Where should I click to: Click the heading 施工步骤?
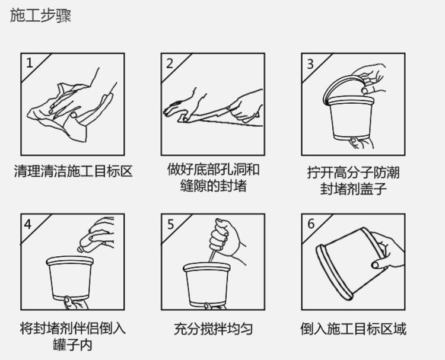tap(40, 15)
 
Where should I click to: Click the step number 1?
tap(30, 63)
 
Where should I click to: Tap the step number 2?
tap(170, 63)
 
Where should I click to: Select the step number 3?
tap(310, 64)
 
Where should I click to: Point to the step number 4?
tap(27, 224)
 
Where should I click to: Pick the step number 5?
tap(170, 224)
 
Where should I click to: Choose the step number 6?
tap(311, 224)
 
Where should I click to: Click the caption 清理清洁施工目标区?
tap(73, 171)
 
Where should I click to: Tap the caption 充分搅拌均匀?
tap(213, 329)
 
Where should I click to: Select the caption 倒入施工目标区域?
tap(354, 329)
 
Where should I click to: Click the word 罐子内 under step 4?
tap(72, 345)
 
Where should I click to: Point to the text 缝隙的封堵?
tap(213, 186)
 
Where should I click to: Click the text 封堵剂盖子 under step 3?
tap(354, 188)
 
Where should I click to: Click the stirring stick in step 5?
tap(212, 256)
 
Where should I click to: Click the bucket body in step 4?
tap(70, 278)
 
